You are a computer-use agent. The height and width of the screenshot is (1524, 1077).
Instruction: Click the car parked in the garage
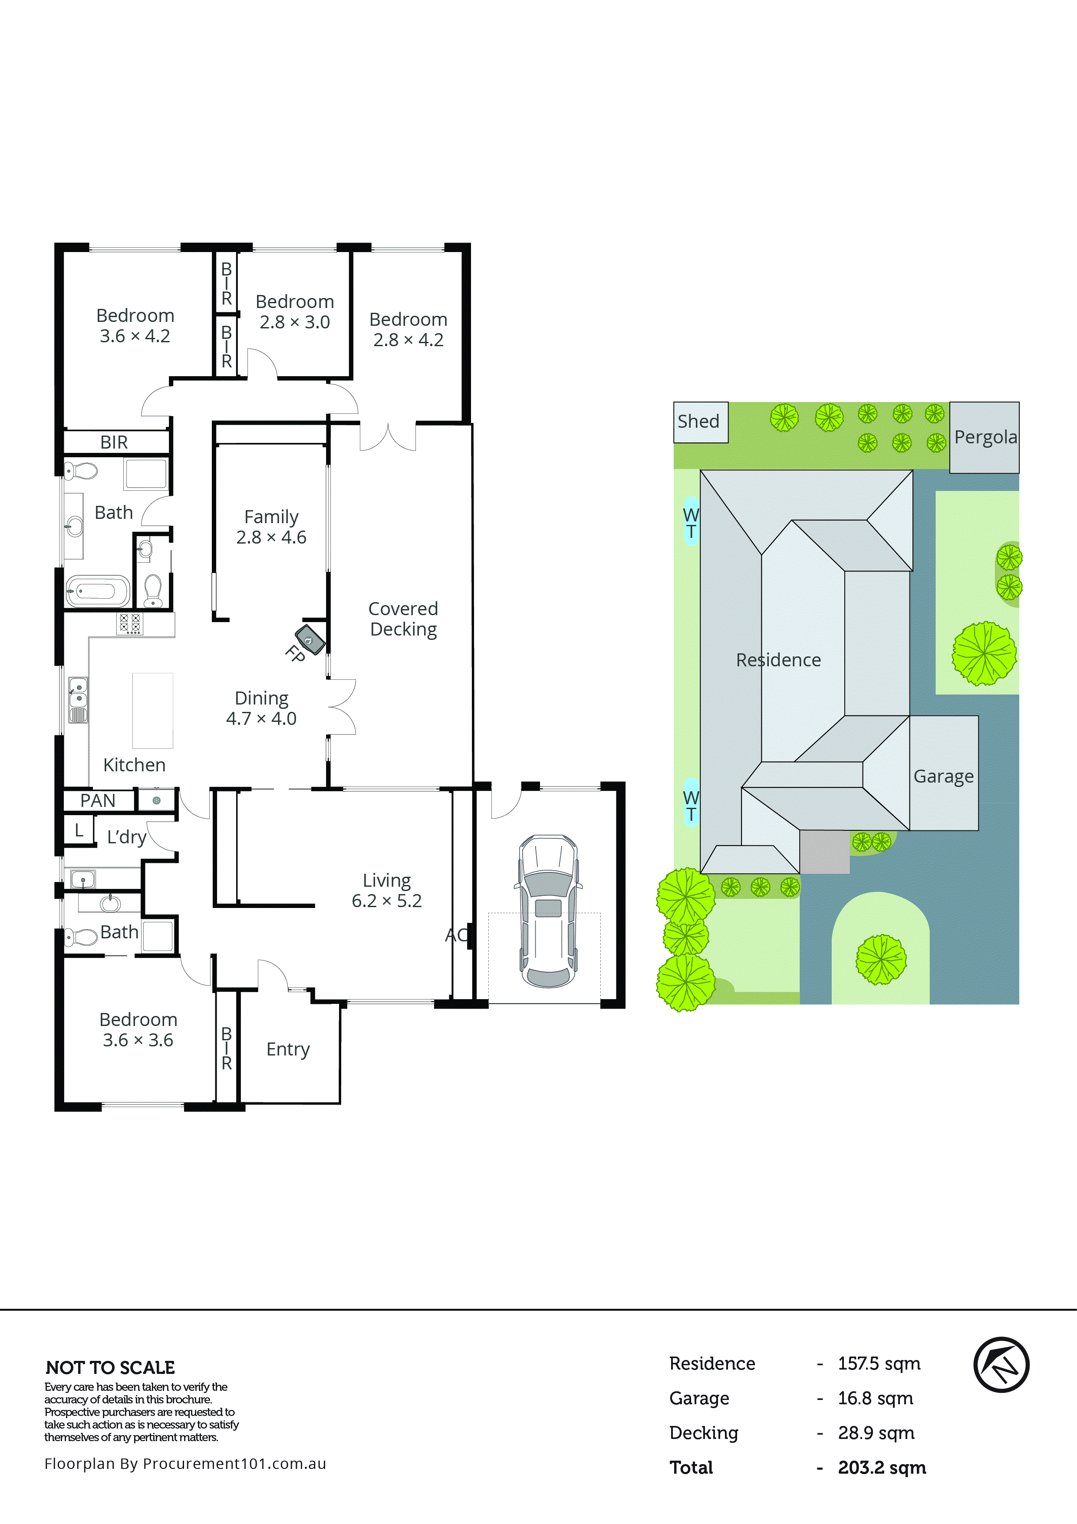point(548,911)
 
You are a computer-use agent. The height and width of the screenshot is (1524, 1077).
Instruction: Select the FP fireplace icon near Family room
point(310,639)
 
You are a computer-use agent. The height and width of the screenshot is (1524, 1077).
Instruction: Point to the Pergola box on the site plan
point(984,437)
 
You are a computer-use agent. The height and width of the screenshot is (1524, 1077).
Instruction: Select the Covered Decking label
point(403,619)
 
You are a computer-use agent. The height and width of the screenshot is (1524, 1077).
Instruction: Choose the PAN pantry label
point(98,800)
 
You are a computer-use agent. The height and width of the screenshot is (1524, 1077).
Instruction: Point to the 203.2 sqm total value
point(881,1468)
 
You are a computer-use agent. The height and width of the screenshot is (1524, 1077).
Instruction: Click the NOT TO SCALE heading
point(110,1367)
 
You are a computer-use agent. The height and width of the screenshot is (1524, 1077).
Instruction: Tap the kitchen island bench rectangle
point(153,710)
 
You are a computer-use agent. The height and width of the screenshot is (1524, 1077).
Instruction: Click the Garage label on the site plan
point(943,776)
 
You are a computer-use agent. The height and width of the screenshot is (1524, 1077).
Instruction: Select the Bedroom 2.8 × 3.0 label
point(295,311)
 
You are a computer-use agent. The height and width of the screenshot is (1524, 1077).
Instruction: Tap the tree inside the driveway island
point(880,959)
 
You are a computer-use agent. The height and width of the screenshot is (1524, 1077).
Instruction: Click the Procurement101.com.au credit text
point(185,1464)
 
